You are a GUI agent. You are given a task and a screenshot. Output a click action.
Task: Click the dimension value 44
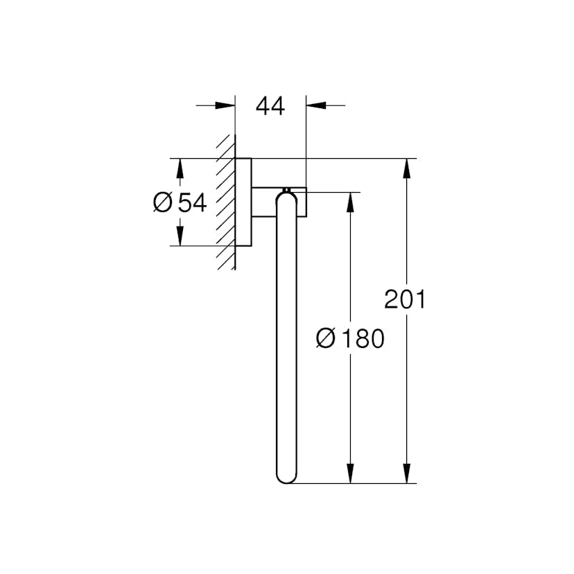pos(270,106)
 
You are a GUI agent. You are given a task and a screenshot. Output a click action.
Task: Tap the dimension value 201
pos(404,299)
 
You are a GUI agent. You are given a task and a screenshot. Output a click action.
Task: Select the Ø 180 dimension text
pos(349,339)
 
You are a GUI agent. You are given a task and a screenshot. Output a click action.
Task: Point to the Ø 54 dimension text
pos(180,203)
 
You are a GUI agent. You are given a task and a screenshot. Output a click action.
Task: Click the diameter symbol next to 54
pos(162,203)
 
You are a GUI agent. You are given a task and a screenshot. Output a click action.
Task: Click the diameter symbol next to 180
pos(325,339)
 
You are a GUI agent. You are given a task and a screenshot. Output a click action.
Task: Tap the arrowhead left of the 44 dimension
pos(225,105)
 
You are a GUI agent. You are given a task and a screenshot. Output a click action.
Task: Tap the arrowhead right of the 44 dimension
pos(315,105)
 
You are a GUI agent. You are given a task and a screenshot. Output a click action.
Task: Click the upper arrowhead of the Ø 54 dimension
pos(180,168)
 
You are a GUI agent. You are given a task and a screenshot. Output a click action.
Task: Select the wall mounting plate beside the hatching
pos(243,202)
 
